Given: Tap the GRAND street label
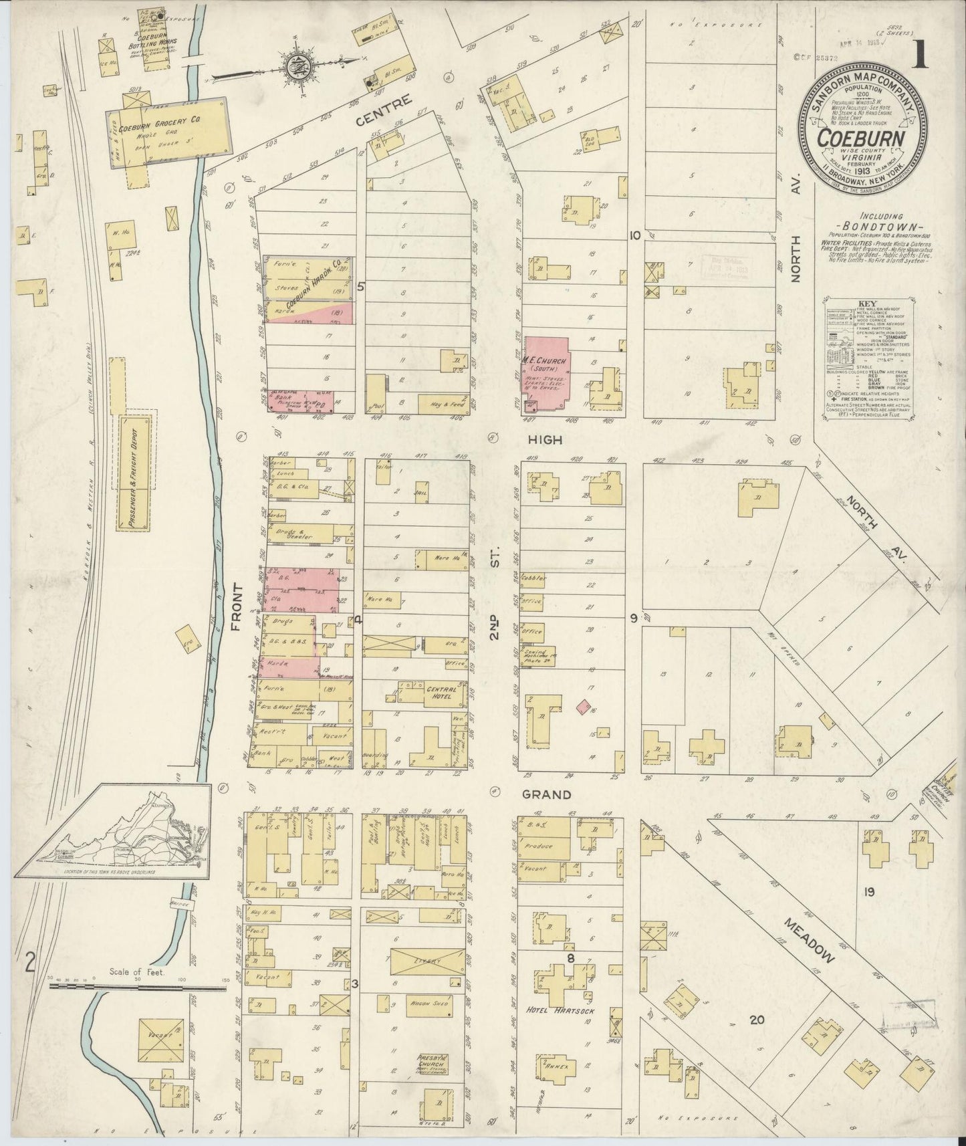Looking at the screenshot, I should [546, 795].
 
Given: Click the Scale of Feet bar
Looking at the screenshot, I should [137, 986].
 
